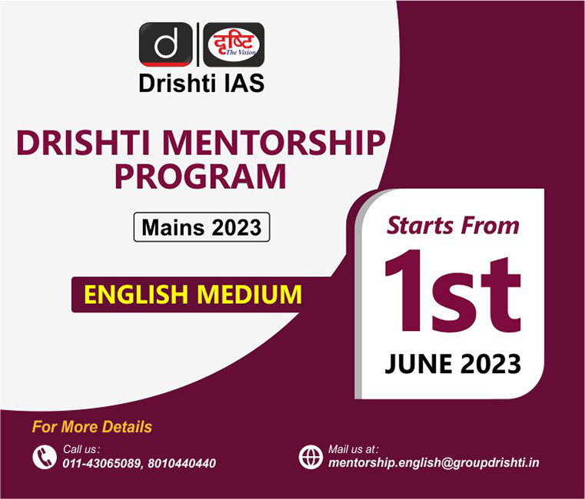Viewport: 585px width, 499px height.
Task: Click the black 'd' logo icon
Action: pyautogui.click(x=166, y=45)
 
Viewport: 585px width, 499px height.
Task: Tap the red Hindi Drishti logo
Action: pyautogui.click(x=234, y=45)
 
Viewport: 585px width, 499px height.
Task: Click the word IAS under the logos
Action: pyautogui.click(x=244, y=83)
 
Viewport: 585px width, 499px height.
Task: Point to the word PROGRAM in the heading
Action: pyautogui.click(x=201, y=177)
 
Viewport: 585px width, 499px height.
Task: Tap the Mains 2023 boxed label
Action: pyautogui.click(x=201, y=227)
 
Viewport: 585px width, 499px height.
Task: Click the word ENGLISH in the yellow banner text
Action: pyautogui.click(x=136, y=294)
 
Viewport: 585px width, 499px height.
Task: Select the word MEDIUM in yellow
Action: pyautogui.click(x=249, y=294)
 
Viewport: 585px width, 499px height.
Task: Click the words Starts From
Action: pyautogui.click(x=453, y=226)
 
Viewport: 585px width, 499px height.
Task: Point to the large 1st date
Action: pyautogui.click(x=453, y=291)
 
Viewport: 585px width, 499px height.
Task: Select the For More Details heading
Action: pyautogui.click(x=92, y=427)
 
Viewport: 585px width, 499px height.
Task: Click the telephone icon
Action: pyautogui.click(x=45, y=457)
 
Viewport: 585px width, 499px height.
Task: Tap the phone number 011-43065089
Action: pyautogui.click(x=101, y=463)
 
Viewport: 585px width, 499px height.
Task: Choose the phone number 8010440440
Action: pyautogui.click(x=181, y=463)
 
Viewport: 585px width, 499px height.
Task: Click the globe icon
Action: pyautogui.click(x=311, y=457)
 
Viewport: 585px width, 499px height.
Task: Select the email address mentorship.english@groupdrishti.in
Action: pyautogui.click(x=434, y=463)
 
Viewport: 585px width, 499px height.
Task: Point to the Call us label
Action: pyautogui.click(x=81, y=448)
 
